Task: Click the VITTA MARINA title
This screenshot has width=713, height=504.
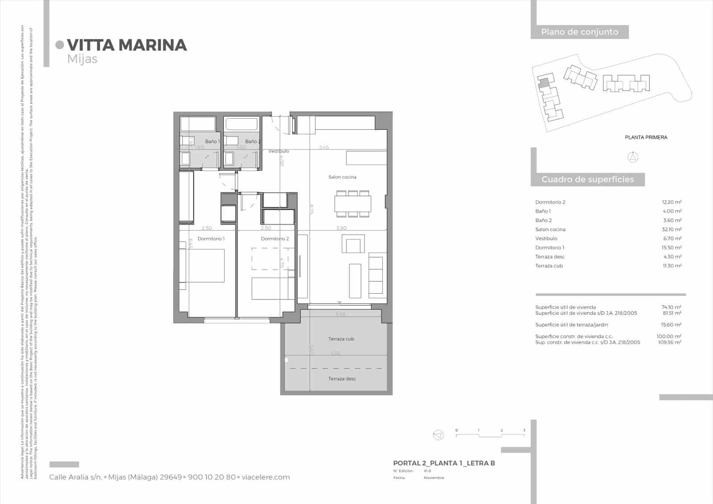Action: click(x=127, y=45)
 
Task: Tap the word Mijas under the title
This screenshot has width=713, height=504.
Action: click(x=82, y=59)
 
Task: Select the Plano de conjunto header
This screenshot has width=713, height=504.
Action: click(x=579, y=32)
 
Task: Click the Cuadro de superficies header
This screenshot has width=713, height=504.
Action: click(x=587, y=180)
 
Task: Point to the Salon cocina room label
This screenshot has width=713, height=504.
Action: click(x=342, y=177)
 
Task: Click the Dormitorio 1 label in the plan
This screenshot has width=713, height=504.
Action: click(x=211, y=239)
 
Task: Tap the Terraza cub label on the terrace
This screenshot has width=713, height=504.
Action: click(x=341, y=339)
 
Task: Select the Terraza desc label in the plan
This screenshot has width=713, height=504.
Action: click(x=342, y=379)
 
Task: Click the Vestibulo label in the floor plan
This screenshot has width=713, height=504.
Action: click(x=279, y=151)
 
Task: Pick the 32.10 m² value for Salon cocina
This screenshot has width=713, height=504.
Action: click(x=672, y=229)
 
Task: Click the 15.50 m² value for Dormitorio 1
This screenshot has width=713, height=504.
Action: click(x=672, y=248)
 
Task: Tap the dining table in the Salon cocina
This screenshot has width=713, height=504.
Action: click(x=352, y=204)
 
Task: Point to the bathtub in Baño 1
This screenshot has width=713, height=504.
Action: click(x=198, y=123)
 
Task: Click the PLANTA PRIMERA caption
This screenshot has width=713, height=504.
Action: click(x=646, y=137)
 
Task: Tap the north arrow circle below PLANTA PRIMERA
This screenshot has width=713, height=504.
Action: click(x=633, y=157)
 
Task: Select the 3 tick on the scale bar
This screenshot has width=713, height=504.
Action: click(x=524, y=430)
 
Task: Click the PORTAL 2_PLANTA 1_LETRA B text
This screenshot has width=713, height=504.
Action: click(x=444, y=463)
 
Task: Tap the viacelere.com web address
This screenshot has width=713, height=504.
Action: click(x=266, y=477)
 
